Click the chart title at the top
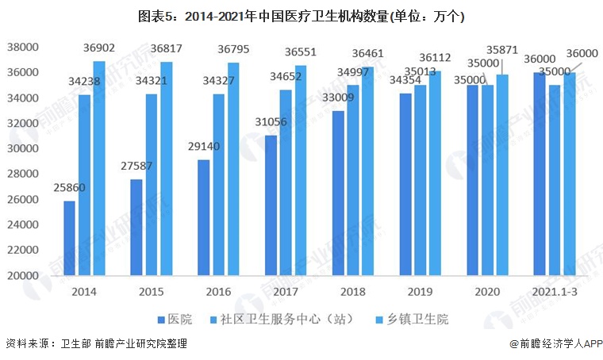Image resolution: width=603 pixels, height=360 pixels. tap(301, 16)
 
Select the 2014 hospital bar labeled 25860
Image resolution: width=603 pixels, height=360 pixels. tap(70, 238)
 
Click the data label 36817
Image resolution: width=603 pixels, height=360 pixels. tap(167, 49)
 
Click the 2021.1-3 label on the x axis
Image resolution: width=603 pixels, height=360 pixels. tap(554, 292)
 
